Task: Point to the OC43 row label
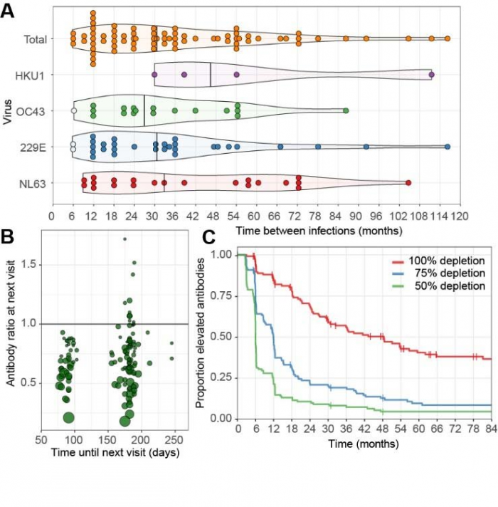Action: coord(33,111)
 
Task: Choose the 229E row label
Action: coord(34,147)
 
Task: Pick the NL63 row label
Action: coord(33,184)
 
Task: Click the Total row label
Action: coord(34,38)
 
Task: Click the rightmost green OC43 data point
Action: coord(346,111)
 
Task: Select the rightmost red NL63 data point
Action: coord(408,183)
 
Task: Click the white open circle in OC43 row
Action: coord(73,111)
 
